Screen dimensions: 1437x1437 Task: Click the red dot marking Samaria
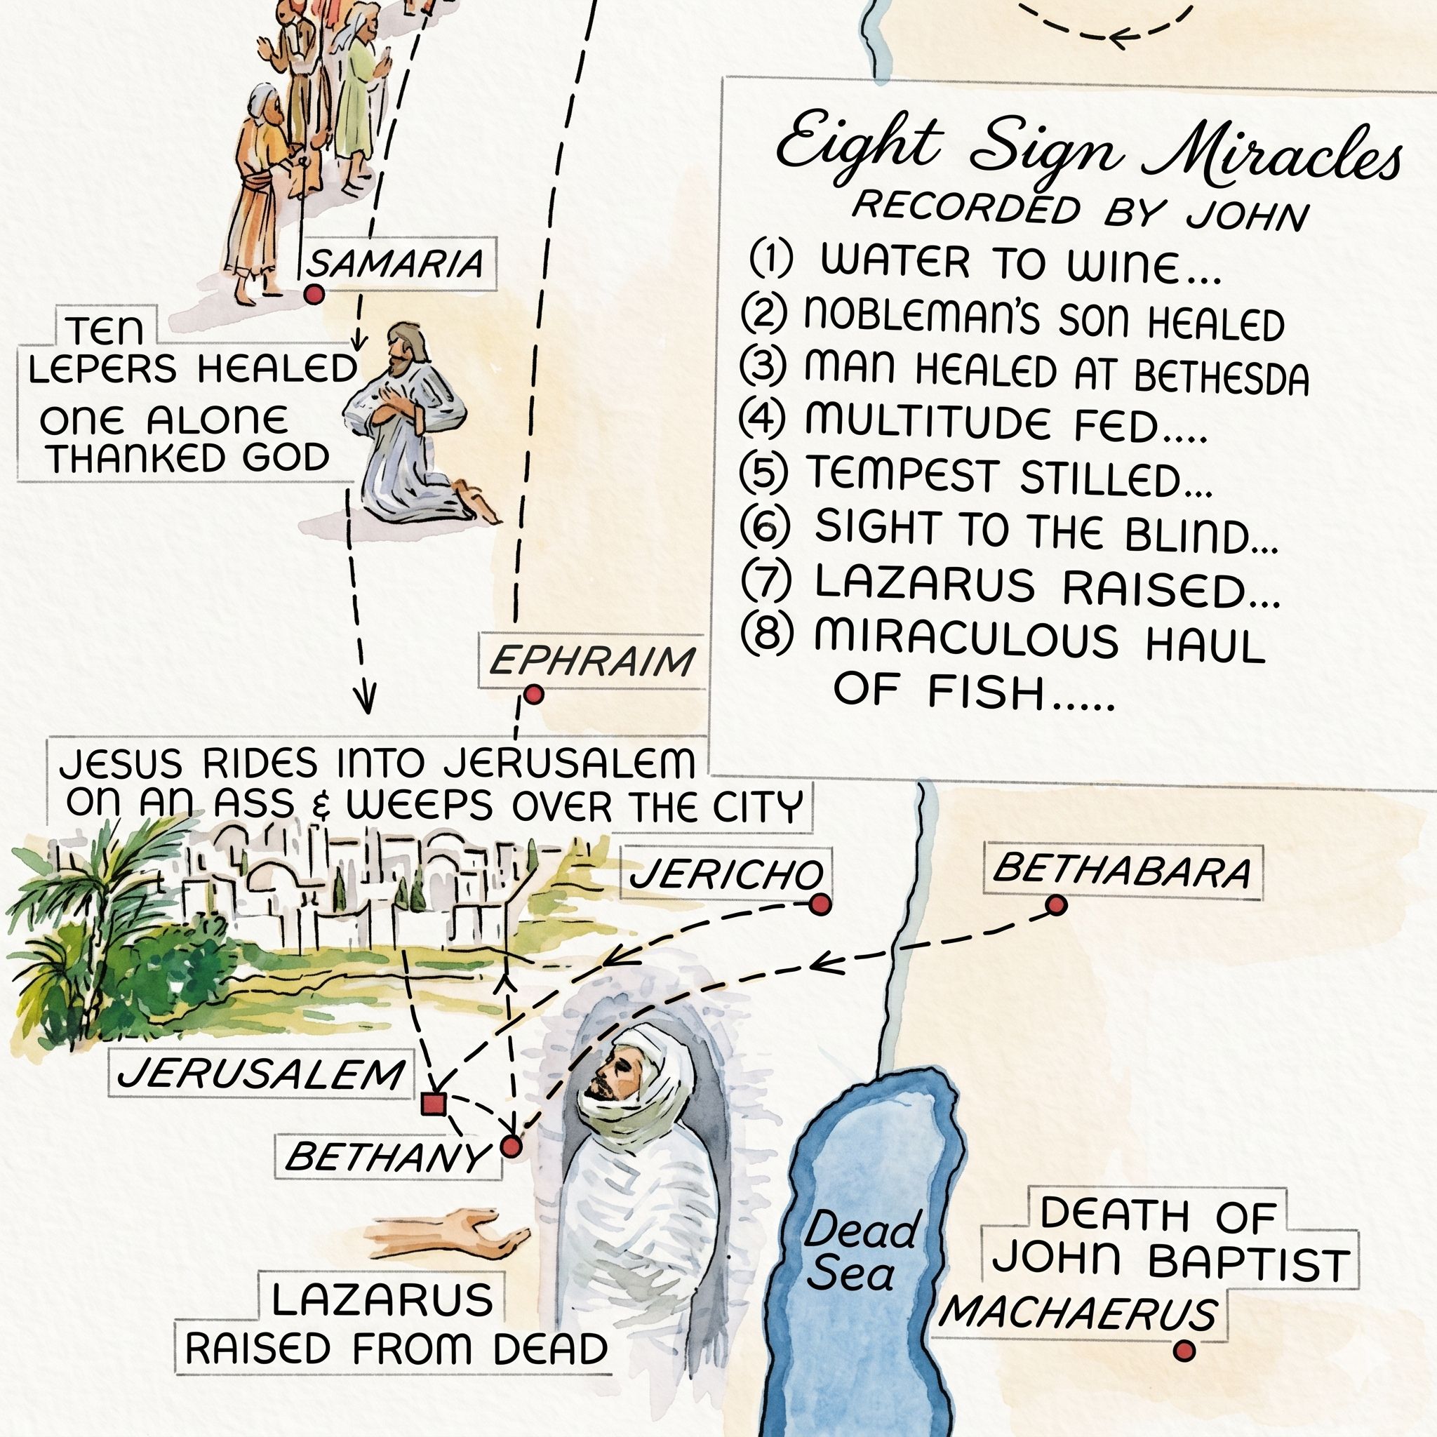point(314,295)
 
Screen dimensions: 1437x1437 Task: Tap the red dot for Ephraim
point(533,695)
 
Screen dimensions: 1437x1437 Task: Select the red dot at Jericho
point(820,904)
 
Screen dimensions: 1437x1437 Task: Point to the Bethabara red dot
point(1056,905)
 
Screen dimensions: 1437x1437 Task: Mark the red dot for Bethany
point(512,1147)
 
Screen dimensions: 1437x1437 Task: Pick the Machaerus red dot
point(1184,1350)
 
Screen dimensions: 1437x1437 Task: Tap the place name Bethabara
point(1122,870)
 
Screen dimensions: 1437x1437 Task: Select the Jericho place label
point(726,874)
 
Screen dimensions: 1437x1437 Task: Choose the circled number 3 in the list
point(763,366)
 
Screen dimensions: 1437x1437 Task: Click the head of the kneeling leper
point(406,347)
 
